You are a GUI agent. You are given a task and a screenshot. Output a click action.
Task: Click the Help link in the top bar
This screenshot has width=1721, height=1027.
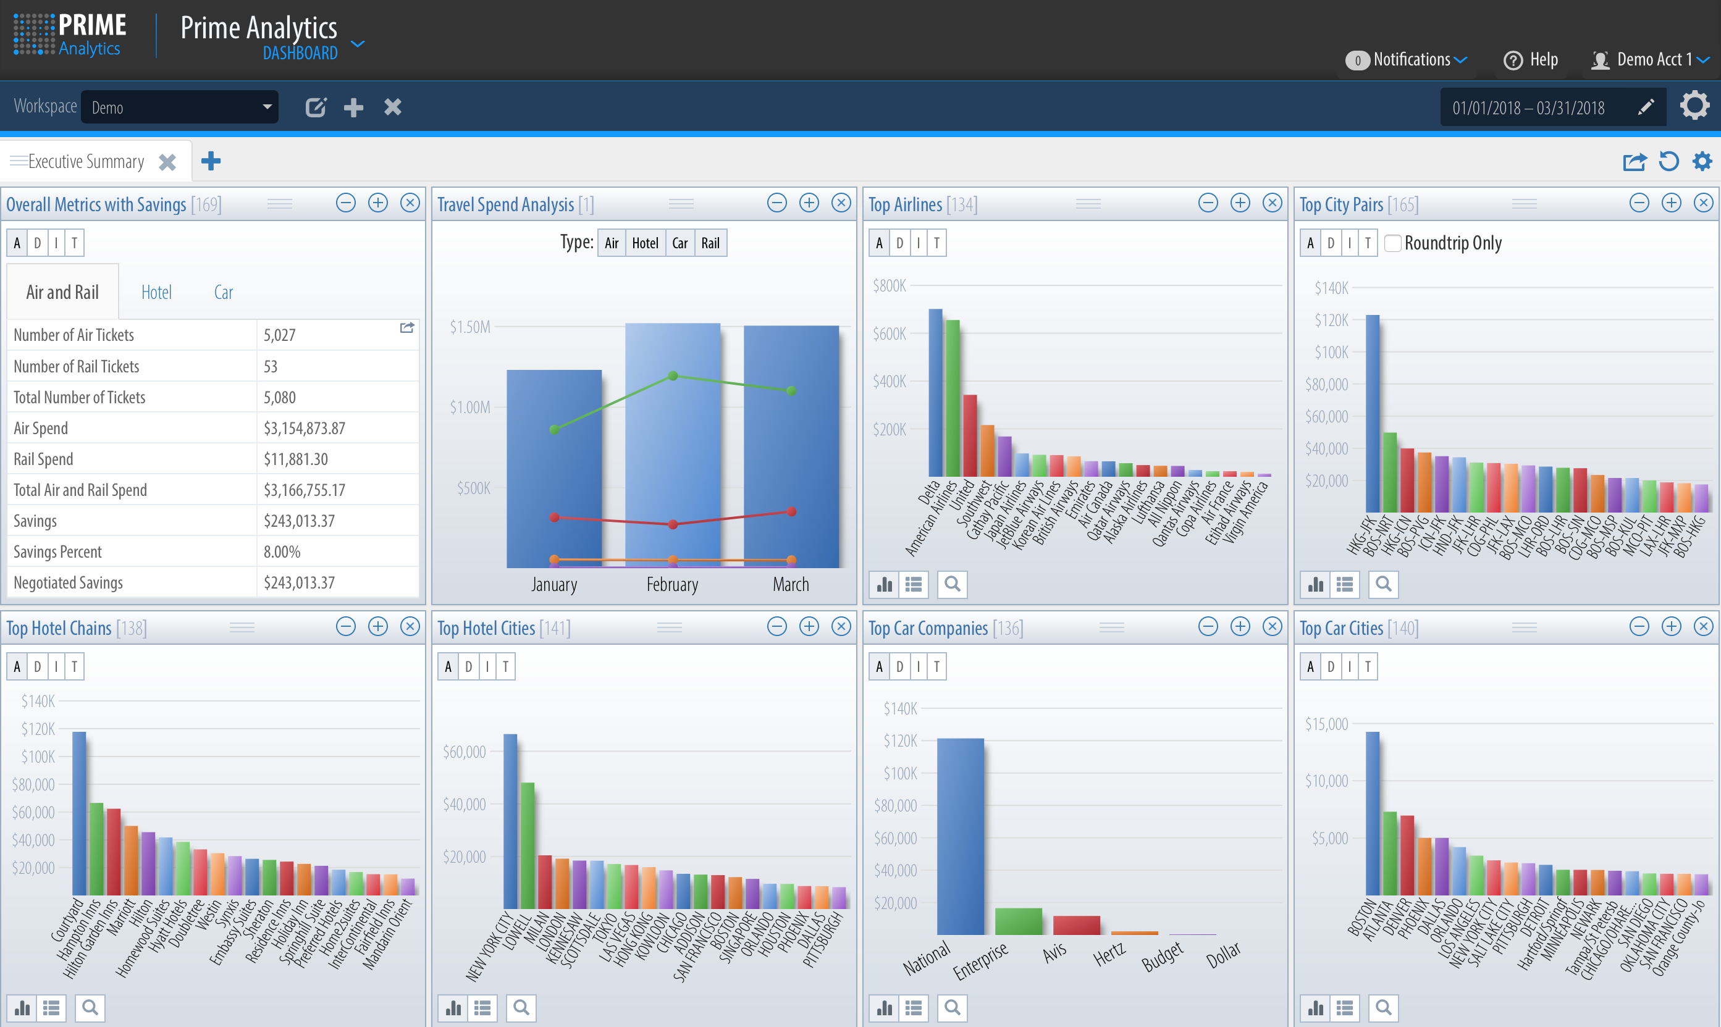(1531, 60)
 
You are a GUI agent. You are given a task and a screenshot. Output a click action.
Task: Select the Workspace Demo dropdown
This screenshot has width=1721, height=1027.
(179, 107)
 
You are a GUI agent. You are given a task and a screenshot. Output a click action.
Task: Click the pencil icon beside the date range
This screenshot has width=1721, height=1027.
(1646, 107)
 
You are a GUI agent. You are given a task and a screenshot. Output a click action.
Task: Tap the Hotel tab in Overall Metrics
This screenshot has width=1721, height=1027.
(156, 292)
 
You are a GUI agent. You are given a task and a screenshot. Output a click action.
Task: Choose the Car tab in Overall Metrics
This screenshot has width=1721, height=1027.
(223, 292)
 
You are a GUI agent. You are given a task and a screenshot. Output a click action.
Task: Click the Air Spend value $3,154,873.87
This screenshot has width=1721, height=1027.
(305, 429)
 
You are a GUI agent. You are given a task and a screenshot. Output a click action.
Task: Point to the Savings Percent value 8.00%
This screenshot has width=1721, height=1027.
(282, 551)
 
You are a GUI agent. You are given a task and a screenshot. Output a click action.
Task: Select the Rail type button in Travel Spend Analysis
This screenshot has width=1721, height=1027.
(710, 243)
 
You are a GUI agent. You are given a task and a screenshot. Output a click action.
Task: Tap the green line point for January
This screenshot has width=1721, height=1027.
(554, 430)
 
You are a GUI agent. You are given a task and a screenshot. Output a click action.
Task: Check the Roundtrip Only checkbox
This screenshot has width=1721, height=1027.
(1393, 243)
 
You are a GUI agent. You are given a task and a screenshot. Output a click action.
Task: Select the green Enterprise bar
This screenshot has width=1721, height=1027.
(1019, 921)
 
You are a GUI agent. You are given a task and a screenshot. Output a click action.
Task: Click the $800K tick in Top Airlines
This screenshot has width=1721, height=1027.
(889, 286)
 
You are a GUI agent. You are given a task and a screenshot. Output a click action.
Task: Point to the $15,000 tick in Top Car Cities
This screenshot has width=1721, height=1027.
(1326, 724)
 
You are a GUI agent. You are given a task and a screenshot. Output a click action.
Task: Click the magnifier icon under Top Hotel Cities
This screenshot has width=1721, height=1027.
(521, 1008)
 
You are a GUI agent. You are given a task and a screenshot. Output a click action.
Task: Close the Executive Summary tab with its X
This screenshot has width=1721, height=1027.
(167, 162)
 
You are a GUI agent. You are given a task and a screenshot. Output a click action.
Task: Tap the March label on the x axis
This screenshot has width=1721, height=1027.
(791, 585)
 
